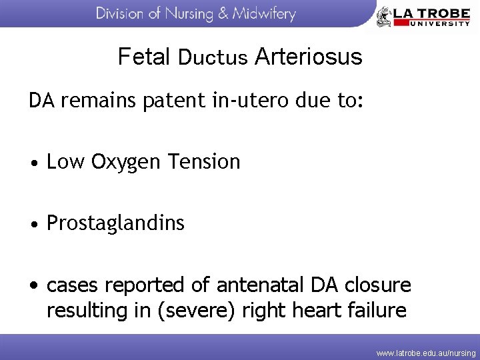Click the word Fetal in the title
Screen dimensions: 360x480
(x=145, y=57)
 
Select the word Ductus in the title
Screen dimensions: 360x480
(x=213, y=58)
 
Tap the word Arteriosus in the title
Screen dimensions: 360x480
(x=308, y=57)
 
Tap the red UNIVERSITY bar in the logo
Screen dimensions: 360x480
(x=431, y=23)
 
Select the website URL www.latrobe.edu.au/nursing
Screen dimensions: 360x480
(x=426, y=352)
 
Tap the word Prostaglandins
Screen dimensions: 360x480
(x=115, y=223)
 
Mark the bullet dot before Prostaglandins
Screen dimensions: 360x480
(x=34, y=224)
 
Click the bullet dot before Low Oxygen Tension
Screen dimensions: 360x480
(x=34, y=163)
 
